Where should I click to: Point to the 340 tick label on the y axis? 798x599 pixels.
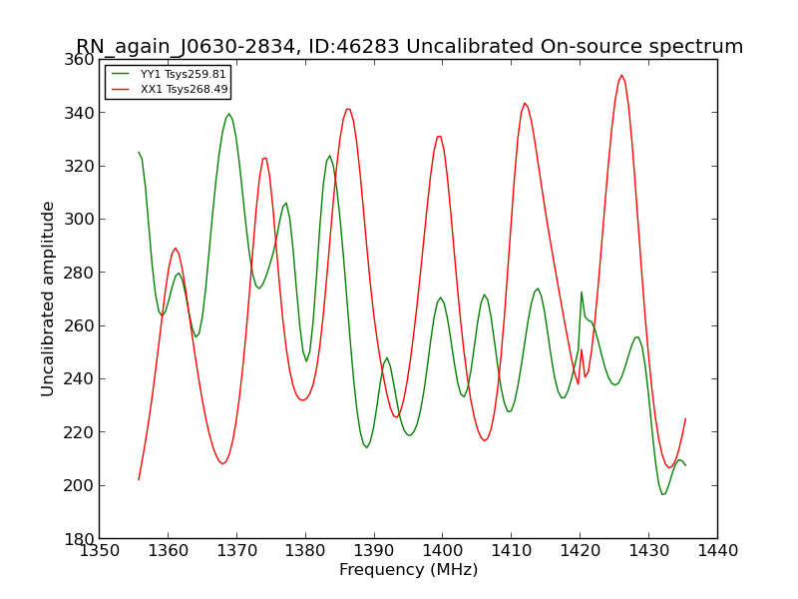coord(79,113)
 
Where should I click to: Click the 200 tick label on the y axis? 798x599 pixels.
coord(79,486)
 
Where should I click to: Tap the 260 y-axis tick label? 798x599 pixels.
coord(79,326)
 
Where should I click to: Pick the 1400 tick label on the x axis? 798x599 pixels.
coord(443,551)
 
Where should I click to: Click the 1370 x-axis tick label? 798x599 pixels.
coord(236,551)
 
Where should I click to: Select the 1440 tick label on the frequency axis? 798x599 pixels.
coord(717,551)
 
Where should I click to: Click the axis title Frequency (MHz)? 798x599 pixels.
coord(409,569)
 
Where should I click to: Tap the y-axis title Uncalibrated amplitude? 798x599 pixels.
coord(47,299)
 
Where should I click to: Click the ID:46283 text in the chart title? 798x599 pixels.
coord(352,46)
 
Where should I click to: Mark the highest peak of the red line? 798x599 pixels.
coord(621,75)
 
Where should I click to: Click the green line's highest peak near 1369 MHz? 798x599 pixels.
coord(229,114)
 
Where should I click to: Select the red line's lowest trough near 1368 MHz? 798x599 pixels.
coord(222,463)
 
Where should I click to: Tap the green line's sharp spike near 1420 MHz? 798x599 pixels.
coord(582,292)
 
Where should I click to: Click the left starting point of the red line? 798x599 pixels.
coord(139,480)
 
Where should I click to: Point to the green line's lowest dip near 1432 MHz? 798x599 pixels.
coord(662,494)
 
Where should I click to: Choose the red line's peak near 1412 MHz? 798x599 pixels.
coord(525,103)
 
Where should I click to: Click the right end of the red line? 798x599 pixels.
coord(685,418)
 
